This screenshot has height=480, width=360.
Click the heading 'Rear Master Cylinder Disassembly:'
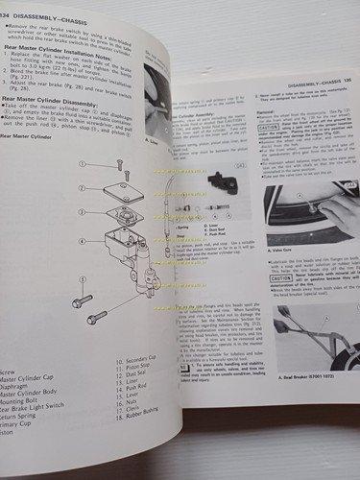pos(65,128)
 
